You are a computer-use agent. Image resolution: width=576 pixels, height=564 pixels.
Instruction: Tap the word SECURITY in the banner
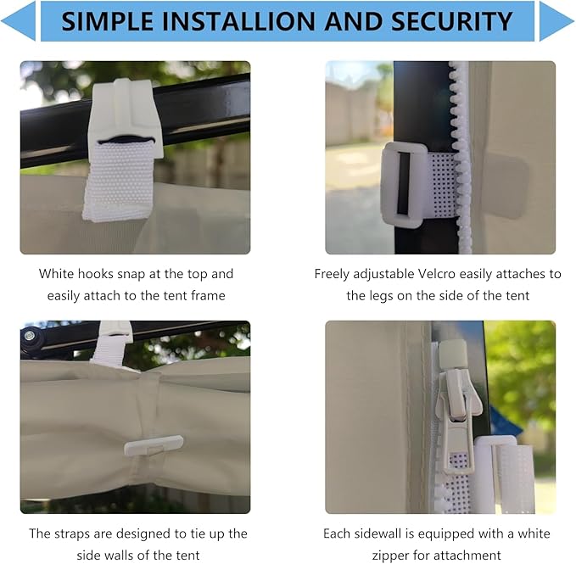(451, 21)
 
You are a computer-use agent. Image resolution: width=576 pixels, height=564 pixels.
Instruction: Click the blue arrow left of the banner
(19, 21)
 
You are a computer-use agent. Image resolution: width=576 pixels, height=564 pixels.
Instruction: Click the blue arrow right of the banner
(556, 21)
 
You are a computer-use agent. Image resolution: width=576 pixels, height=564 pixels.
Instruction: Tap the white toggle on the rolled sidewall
(154, 446)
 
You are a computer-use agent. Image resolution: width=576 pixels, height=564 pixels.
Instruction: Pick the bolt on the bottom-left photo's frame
(29, 335)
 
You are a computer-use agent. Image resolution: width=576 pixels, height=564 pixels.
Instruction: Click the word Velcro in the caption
(437, 274)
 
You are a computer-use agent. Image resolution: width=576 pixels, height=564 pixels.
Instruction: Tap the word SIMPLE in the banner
(108, 21)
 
